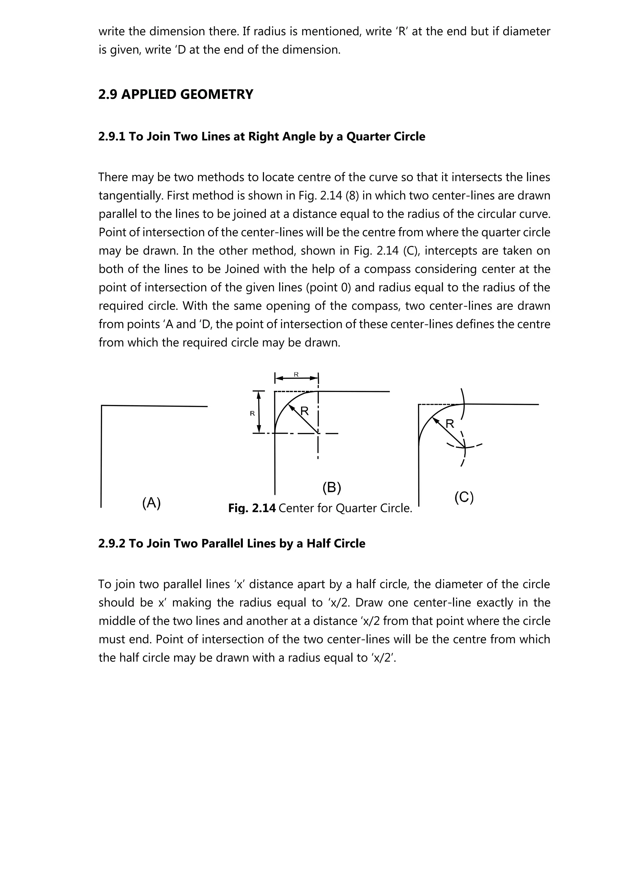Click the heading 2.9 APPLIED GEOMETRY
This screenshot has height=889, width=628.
(x=176, y=94)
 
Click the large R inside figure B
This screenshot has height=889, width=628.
(x=305, y=411)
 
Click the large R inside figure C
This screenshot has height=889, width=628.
(x=450, y=424)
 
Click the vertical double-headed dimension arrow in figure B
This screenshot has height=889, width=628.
(x=259, y=412)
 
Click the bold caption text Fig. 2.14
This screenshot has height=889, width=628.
(x=252, y=508)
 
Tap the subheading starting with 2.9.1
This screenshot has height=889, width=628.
(x=262, y=137)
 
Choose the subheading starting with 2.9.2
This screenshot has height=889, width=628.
(x=232, y=544)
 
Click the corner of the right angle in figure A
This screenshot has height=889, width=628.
(x=102, y=406)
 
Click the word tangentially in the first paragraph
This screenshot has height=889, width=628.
(x=131, y=195)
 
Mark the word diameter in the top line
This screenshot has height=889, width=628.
(x=526, y=31)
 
